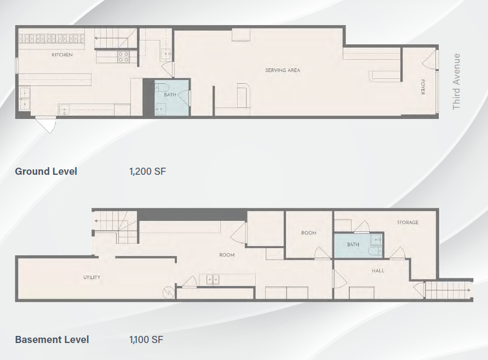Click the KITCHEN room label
(62, 55)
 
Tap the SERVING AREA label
(283, 70)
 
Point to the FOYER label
(423, 87)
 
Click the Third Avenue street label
(456, 82)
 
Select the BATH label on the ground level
(170, 95)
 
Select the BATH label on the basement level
(353, 244)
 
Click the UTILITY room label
(92, 277)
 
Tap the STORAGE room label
(407, 222)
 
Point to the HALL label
(378, 271)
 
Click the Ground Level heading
(46, 172)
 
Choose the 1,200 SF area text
(147, 172)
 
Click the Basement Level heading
(52, 339)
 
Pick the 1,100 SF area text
(146, 339)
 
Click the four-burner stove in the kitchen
(123, 57)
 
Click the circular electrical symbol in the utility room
(168, 292)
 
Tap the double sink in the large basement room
(213, 279)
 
